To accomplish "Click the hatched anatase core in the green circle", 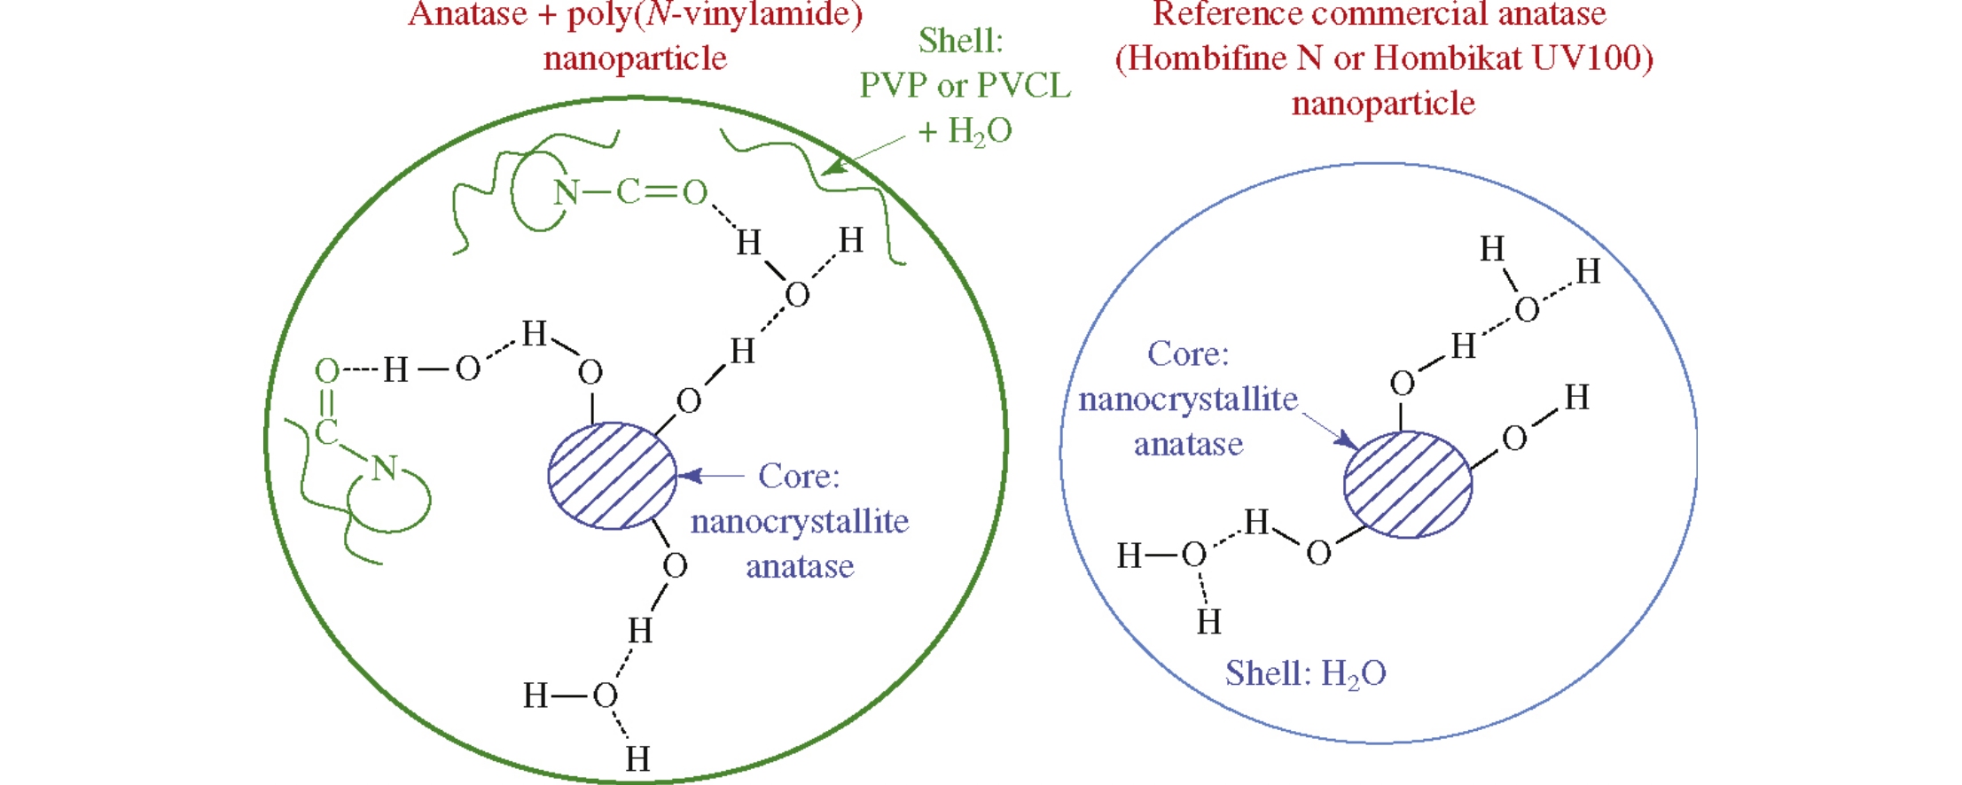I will [612, 476].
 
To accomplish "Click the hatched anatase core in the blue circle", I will [1407, 485].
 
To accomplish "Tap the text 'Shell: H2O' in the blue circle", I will [1305, 674].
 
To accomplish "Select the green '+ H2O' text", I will [965, 132].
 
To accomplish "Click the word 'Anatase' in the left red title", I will [468, 14].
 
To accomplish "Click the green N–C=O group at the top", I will [629, 191].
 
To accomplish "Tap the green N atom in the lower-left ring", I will [384, 468].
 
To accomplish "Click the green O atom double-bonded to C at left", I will [327, 370].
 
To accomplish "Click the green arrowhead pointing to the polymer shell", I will [832, 166].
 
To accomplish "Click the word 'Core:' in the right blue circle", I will [1188, 354].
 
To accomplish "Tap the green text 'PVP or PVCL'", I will [965, 86].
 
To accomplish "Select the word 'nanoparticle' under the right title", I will [1383, 104].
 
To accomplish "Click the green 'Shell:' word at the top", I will [960, 41].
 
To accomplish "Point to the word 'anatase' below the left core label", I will [800, 566].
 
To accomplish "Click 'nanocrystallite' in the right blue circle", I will [1188, 400].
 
